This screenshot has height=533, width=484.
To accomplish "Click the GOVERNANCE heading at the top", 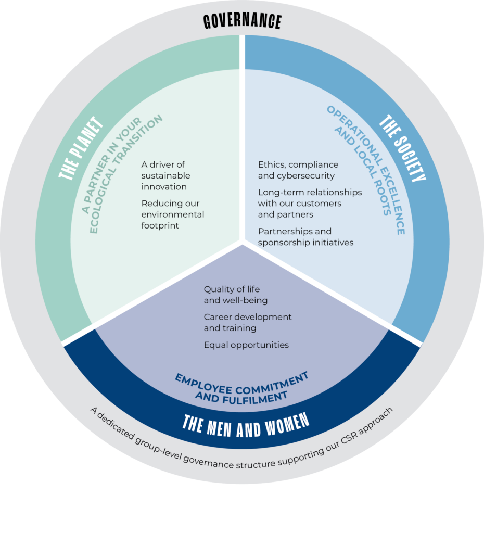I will point(242,21).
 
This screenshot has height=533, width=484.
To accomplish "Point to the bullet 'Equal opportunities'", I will point(246,345).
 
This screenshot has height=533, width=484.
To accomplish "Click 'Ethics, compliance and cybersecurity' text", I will point(298,170).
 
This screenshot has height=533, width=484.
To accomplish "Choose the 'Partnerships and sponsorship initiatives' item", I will point(305,237).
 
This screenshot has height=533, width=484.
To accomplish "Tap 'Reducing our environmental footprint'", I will point(172,214).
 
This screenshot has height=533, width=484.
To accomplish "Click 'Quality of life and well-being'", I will point(236,295).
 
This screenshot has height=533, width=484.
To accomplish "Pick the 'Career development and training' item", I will point(247,322).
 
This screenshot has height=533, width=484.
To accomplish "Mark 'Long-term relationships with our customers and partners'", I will point(310,203).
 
